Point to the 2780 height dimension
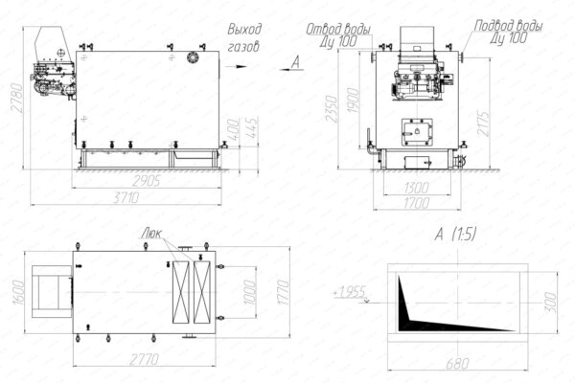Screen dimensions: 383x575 [12, 97]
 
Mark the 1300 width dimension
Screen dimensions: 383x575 [416, 188]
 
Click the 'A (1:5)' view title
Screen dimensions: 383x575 [456, 234]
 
